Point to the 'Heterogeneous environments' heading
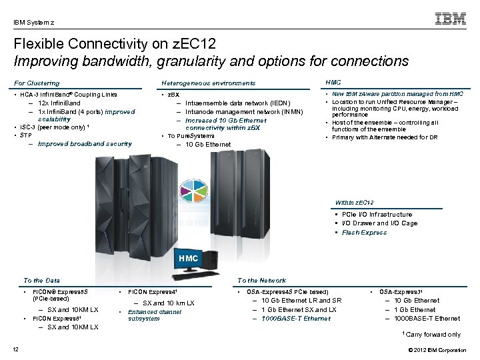(x=209, y=83)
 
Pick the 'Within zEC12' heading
(x=354, y=202)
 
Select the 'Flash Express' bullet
(x=364, y=233)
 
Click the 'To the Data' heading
(x=41, y=281)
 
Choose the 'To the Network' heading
(x=261, y=281)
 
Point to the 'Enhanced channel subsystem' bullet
(x=154, y=315)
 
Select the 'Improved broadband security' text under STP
(x=85, y=144)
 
